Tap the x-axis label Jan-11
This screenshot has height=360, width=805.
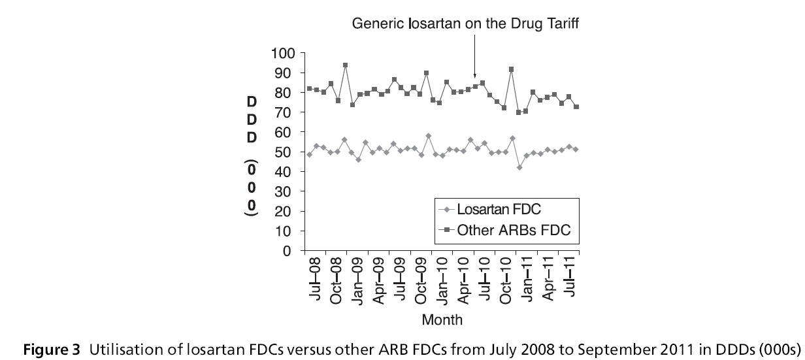(x=528, y=278)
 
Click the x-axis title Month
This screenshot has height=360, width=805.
(x=442, y=320)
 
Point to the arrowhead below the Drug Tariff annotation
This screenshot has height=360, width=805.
(x=475, y=76)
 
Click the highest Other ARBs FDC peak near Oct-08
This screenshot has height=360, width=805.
(x=345, y=65)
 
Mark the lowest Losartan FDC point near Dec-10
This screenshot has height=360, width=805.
(x=519, y=167)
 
